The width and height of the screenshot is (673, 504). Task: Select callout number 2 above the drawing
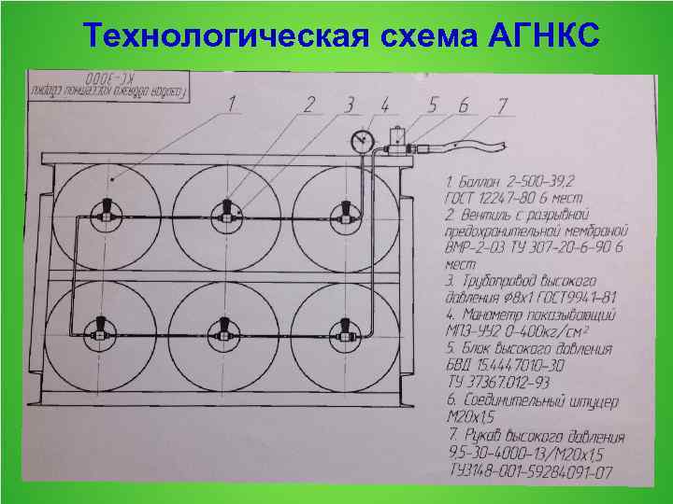(309, 102)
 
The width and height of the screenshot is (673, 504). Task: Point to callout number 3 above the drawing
(350, 102)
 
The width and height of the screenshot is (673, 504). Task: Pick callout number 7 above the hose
(502, 104)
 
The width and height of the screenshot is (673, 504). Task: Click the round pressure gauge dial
(359, 141)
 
